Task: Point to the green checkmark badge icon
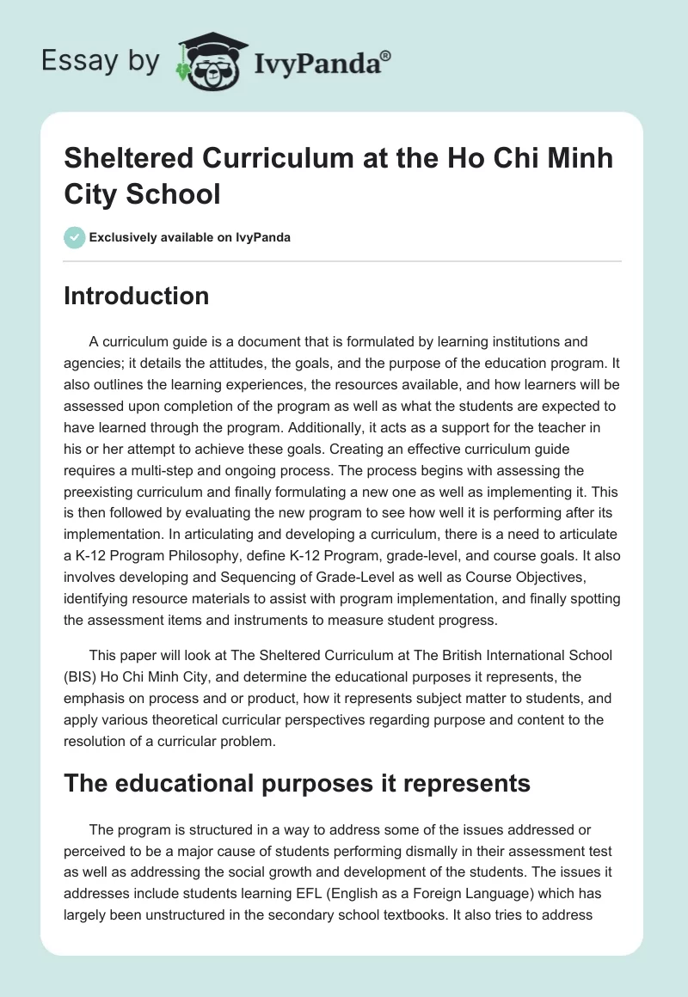(75, 237)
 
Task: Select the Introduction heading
(136, 296)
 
